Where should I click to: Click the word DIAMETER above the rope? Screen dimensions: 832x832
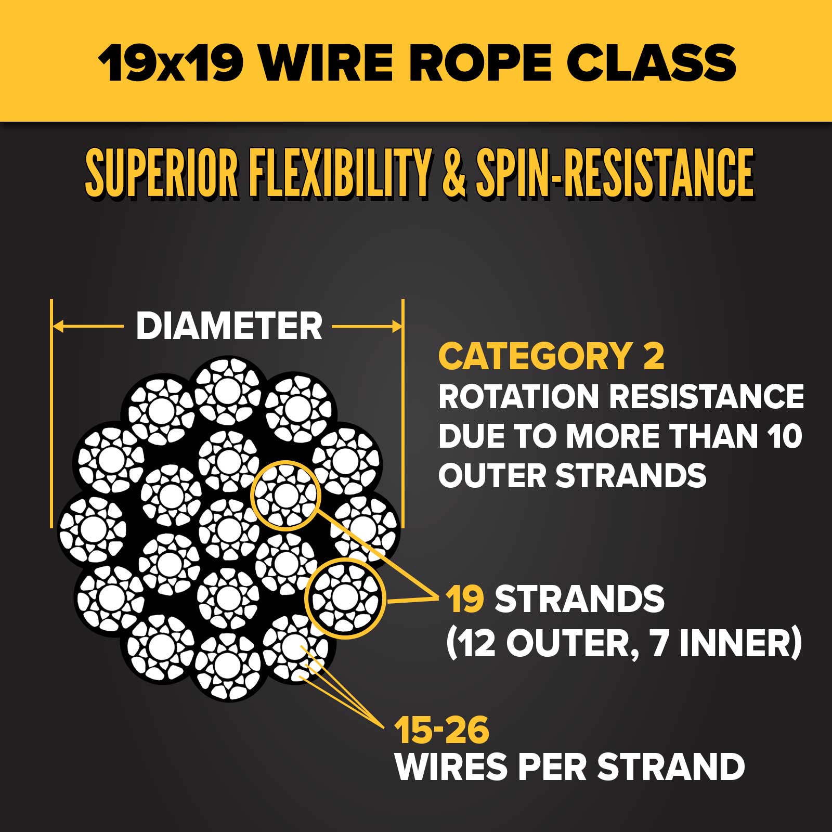pos(229,327)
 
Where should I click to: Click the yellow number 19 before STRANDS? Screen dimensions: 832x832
pos(464,599)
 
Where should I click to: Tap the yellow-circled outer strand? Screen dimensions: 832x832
pos(343,598)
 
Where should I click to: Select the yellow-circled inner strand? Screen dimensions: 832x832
pos(285,495)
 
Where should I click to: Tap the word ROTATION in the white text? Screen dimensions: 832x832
pos(518,397)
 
